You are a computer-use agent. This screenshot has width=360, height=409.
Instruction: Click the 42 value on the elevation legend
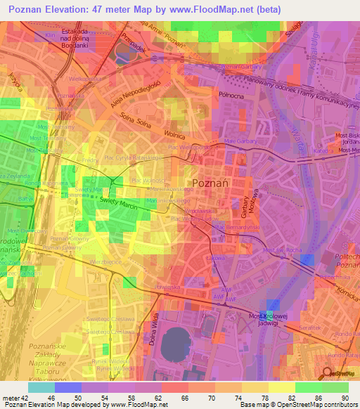[x=23, y=398]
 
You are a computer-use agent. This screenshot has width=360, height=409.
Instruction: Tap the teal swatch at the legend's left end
[x=41, y=387]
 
